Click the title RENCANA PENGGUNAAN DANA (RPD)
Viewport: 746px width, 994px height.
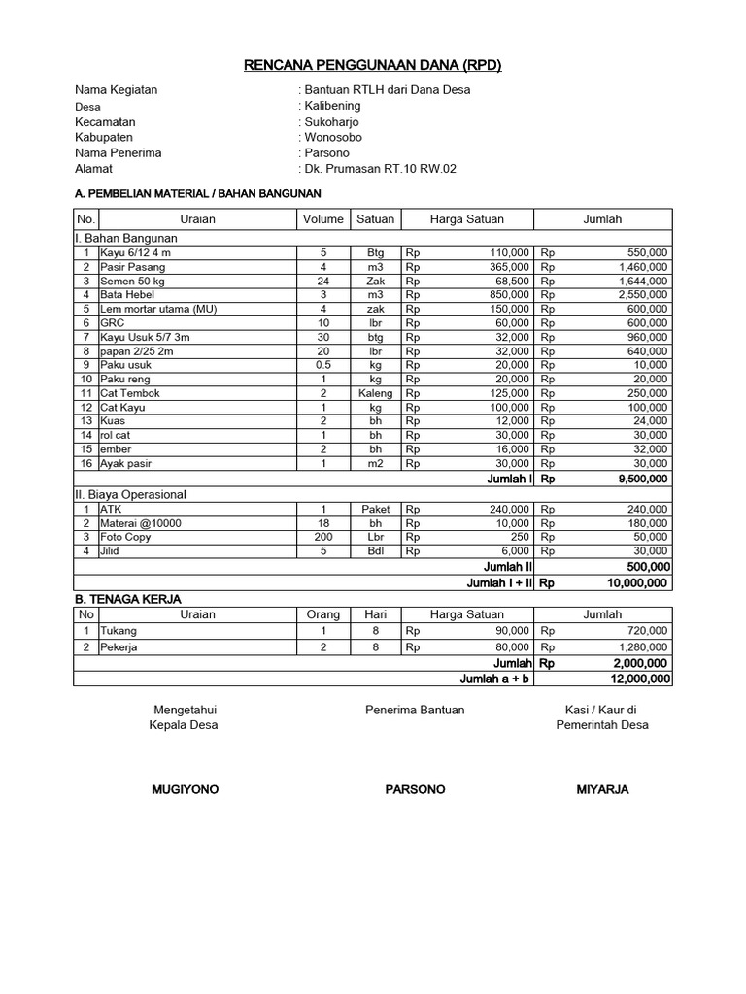tap(372, 66)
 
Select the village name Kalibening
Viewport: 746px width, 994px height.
tap(332, 106)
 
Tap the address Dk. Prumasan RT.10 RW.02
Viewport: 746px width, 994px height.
tap(380, 169)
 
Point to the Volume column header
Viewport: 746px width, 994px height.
tap(323, 219)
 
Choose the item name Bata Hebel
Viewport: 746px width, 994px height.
tap(126, 294)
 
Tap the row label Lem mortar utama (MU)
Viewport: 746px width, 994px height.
tap(158, 309)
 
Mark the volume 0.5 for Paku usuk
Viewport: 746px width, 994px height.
tap(323, 365)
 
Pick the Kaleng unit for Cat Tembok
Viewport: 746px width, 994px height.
tap(375, 393)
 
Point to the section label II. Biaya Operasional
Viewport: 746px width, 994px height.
tap(130, 494)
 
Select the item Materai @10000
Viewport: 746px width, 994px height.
tap(141, 523)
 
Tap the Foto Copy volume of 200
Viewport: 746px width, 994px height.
tap(323, 537)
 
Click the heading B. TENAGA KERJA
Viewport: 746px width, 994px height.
tap(128, 599)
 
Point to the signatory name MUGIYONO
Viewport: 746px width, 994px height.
tap(186, 789)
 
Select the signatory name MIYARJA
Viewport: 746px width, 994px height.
tap(602, 789)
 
